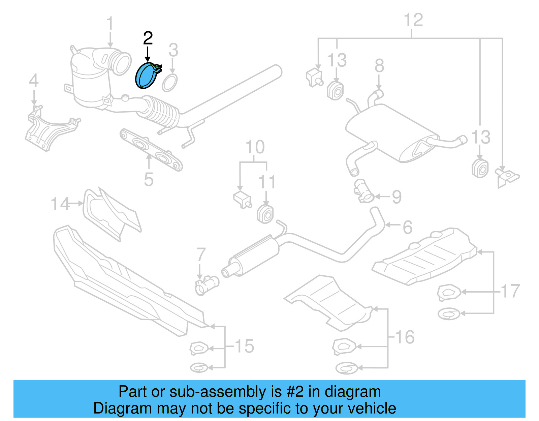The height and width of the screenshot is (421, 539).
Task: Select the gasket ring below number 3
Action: coord(169,83)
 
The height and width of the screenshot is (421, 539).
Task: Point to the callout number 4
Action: coord(34,81)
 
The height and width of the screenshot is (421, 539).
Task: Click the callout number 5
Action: coord(149,179)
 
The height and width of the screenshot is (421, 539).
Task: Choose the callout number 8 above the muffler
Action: coord(379,65)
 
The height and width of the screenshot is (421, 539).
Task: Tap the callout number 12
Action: coord(413,20)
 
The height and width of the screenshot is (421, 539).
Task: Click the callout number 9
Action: coord(397,197)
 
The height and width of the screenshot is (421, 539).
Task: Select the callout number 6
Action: coord(408,227)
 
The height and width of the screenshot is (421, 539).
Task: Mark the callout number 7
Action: coord(201,254)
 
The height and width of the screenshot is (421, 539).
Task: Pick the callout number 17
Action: coord(510,291)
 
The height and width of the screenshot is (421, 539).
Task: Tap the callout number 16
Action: coord(405,337)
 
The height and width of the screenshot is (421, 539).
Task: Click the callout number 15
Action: coord(244,346)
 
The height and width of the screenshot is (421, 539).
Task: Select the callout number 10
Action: coord(255,147)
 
